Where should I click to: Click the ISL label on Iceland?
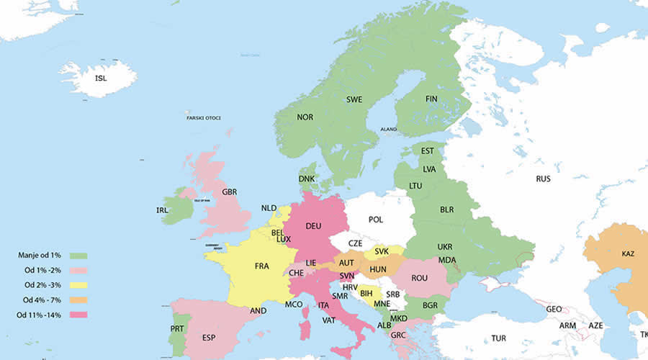coord(101,78)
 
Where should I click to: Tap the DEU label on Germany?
coord(313,225)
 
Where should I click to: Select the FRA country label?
coord(261,266)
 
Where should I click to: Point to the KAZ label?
coord(628,253)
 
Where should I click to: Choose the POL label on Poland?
coord(376,220)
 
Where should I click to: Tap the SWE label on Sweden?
coord(354,99)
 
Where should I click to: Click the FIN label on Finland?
coord(431,99)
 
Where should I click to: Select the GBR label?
coord(230,192)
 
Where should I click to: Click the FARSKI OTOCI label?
coord(203,118)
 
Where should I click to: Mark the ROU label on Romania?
coord(420,278)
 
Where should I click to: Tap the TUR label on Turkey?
coord(498,338)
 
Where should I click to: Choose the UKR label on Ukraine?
coord(445,246)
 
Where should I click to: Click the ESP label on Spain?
coord(209,337)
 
